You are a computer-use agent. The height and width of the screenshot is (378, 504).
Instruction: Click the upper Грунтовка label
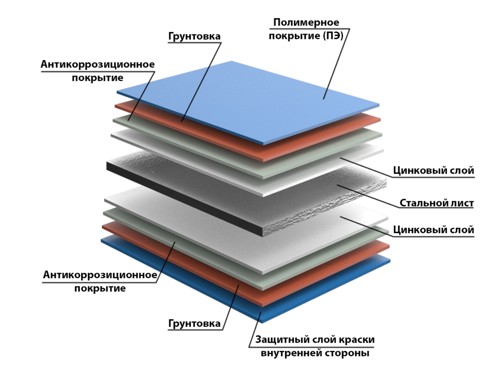(194, 36)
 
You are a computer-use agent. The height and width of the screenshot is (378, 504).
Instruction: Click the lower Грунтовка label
(194, 323)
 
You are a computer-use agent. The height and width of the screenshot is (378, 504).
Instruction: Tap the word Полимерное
(306, 23)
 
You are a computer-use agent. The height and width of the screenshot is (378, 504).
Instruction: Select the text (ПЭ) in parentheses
(333, 35)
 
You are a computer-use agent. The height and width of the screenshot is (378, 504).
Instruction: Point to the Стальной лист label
(437, 203)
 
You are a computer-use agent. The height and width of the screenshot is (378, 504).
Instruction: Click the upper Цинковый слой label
(433, 170)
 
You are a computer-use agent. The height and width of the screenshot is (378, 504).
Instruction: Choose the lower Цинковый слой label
(433, 230)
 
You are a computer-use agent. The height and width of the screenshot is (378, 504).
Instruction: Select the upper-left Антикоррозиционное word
(98, 64)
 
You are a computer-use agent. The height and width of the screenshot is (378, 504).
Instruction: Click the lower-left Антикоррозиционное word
(100, 275)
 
